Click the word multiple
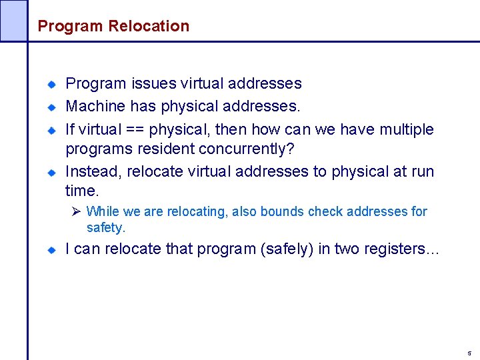(x=407, y=129)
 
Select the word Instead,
(x=93, y=171)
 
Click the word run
(x=423, y=171)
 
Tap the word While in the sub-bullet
(x=103, y=211)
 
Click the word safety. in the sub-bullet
(x=106, y=228)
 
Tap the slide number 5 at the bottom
(x=469, y=353)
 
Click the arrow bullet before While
(x=76, y=211)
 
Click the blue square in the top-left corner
(x=13, y=20)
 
